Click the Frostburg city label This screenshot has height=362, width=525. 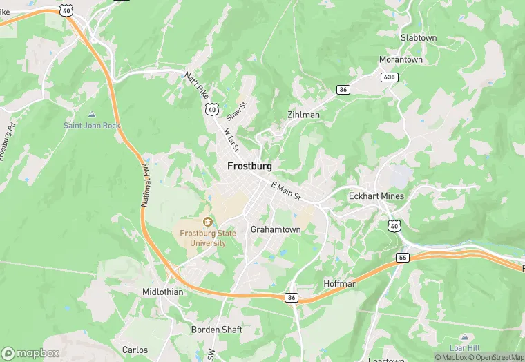click(x=249, y=166)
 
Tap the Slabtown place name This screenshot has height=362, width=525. click(x=419, y=37)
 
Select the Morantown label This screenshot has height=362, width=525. click(x=401, y=59)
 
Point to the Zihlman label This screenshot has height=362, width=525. click(x=303, y=115)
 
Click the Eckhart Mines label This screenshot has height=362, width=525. click(x=376, y=196)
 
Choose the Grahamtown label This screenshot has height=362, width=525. click(x=276, y=229)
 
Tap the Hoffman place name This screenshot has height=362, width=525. click(x=340, y=284)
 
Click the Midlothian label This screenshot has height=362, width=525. click(x=163, y=292)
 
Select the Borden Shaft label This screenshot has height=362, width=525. click(x=217, y=330)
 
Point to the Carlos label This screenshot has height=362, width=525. click(x=135, y=350)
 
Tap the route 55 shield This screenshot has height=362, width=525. click(x=403, y=258)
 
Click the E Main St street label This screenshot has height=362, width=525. click(x=287, y=191)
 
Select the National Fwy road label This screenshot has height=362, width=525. click(x=146, y=185)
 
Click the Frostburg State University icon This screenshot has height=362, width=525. click(x=207, y=222)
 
